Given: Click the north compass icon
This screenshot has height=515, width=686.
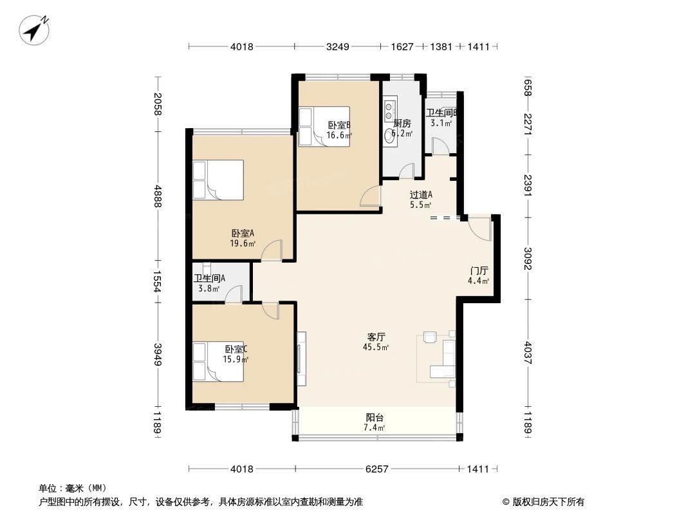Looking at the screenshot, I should pyautogui.click(x=35, y=30).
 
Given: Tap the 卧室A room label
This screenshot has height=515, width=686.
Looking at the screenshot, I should pyautogui.click(x=243, y=234).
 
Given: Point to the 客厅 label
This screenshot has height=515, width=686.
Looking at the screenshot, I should pyautogui.click(x=376, y=337).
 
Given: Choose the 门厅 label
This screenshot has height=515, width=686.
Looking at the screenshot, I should pyautogui.click(x=478, y=271).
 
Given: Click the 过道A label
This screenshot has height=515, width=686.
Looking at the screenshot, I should pyautogui.click(x=421, y=195).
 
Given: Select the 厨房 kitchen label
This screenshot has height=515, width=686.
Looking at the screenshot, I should pyautogui.click(x=402, y=124).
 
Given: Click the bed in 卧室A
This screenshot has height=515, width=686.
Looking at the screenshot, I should pyautogui.click(x=218, y=180).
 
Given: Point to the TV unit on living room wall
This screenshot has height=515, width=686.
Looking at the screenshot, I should pyautogui.click(x=301, y=359).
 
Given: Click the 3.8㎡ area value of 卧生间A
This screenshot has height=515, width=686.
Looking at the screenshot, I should pyautogui.click(x=209, y=289).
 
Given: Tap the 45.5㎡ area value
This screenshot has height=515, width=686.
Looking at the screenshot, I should pyautogui.click(x=376, y=348).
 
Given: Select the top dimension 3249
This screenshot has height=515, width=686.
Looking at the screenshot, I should pyautogui.click(x=338, y=46).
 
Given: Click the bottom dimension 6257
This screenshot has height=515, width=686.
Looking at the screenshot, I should pyautogui.click(x=378, y=469).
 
